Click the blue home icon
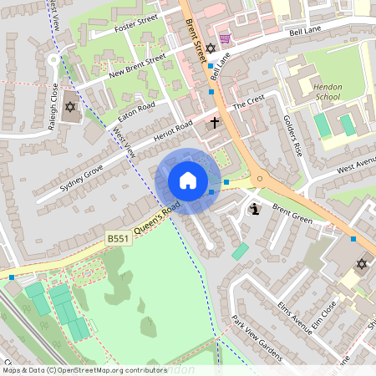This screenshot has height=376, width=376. (x=188, y=180)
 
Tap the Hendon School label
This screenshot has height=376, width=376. (x=327, y=91)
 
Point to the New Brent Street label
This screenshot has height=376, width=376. (x=137, y=67)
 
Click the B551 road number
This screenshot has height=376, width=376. (x=118, y=239)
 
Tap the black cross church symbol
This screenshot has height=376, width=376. (x=214, y=123)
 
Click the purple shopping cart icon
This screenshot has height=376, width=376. (x=224, y=39)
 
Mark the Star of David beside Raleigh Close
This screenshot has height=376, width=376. (x=70, y=107)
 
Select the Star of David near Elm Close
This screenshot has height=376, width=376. (x=362, y=264)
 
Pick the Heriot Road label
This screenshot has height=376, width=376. (x=174, y=135)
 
